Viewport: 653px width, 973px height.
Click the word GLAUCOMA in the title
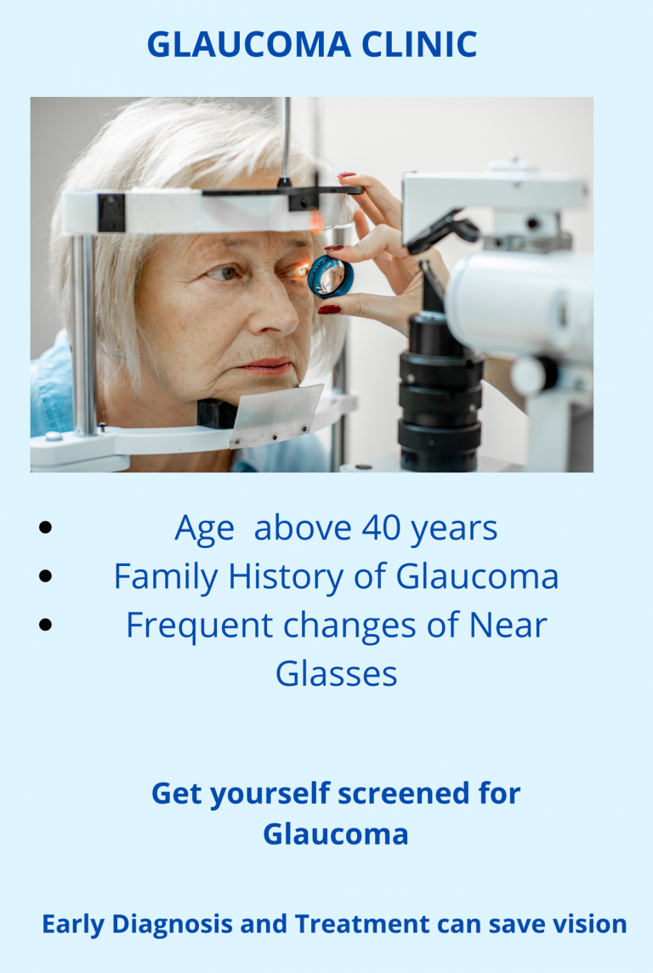click(x=249, y=45)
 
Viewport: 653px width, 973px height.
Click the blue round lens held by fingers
click(x=331, y=277)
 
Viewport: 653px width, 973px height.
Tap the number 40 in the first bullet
click(x=381, y=528)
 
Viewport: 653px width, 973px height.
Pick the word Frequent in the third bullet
click(x=199, y=625)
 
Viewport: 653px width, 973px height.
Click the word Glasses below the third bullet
click(x=336, y=674)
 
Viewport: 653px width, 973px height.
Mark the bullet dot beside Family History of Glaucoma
click(x=45, y=576)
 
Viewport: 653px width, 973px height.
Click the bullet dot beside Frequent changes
click(x=45, y=625)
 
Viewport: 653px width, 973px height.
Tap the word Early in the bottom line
click(x=72, y=925)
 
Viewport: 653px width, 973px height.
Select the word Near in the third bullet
click(x=508, y=625)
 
